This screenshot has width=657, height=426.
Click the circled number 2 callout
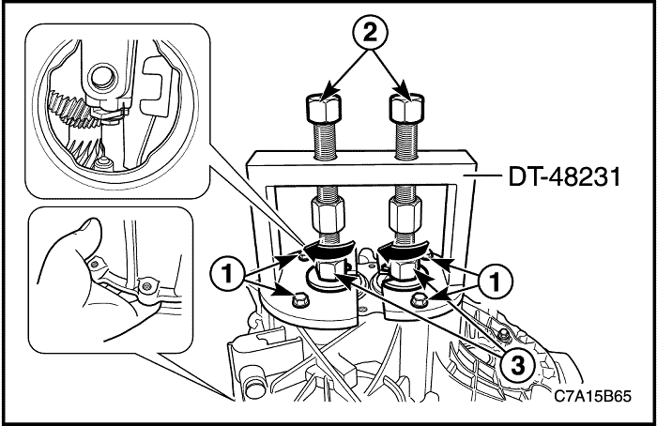(x=370, y=32)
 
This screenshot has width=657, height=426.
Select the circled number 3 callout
(x=518, y=366)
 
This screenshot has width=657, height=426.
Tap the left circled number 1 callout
(x=227, y=274)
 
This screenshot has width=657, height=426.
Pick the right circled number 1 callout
(x=496, y=281)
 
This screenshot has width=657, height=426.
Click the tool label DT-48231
(x=564, y=177)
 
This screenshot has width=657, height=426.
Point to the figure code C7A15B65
(x=592, y=396)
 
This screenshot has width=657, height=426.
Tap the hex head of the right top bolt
(x=406, y=107)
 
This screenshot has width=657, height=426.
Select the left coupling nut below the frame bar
(x=328, y=215)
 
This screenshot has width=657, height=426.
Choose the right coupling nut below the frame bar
(x=405, y=215)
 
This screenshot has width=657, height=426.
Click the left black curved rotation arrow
(x=328, y=250)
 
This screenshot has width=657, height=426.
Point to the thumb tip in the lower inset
(x=90, y=228)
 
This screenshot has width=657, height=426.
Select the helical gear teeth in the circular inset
(x=70, y=110)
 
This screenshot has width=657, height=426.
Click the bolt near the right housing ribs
(x=504, y=334)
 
